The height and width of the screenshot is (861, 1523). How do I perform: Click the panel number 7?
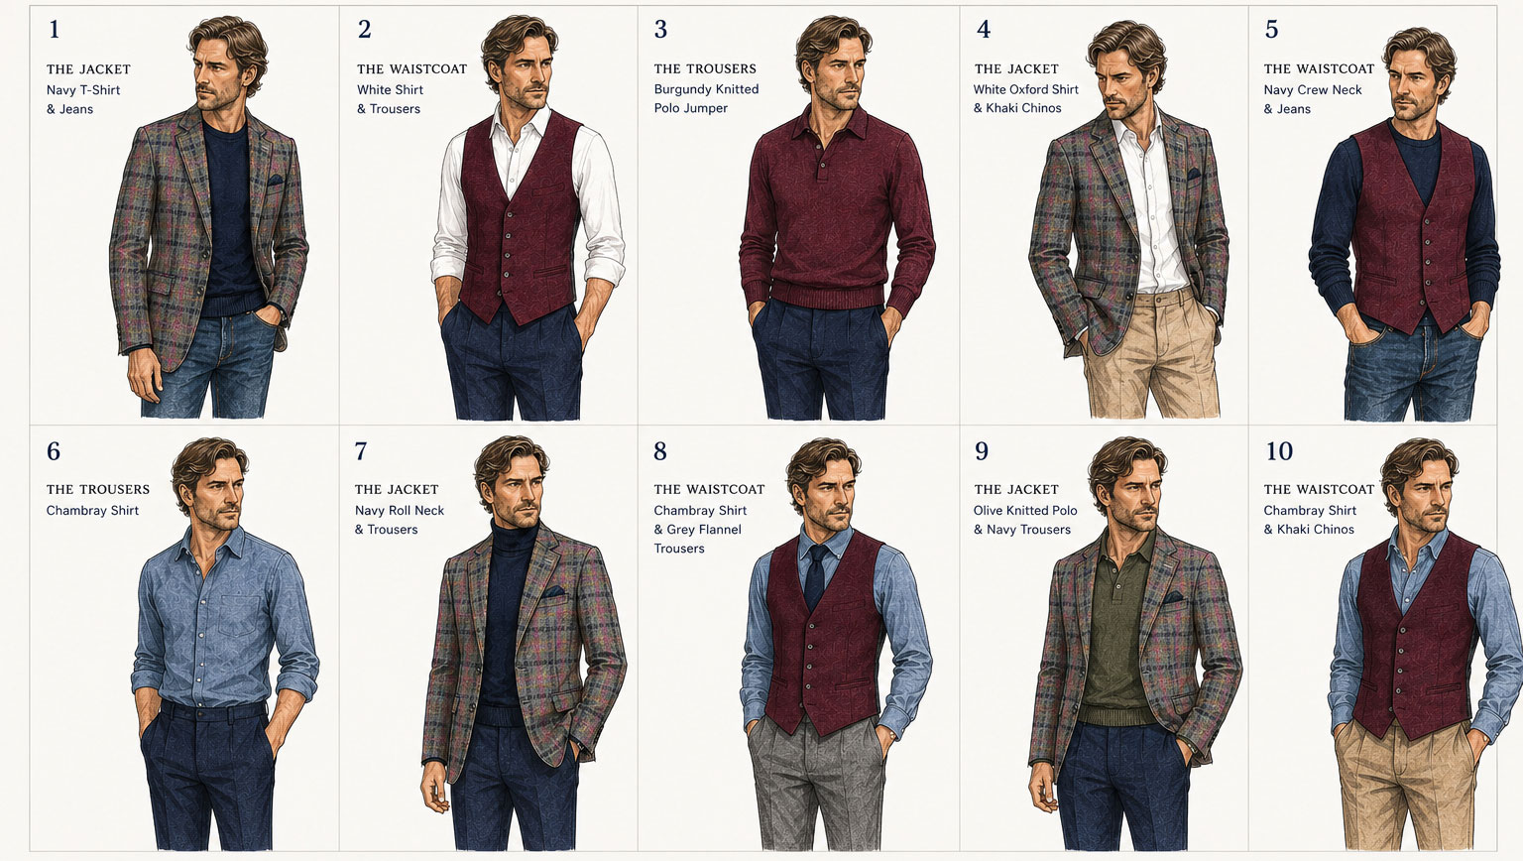(x=361, y=451)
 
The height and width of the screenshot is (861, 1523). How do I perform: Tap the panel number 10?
(x=1279, y=451)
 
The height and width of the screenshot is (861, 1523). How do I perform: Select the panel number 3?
(x=660, y=29)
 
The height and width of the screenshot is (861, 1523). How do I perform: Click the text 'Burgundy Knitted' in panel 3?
(x=706, y=89)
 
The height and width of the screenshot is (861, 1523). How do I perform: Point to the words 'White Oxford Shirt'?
(x=1026, y=89)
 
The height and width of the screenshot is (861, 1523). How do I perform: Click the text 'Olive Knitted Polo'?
(x=1025, y=510)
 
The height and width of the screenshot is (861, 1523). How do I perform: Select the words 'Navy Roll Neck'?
(x=400, y=510)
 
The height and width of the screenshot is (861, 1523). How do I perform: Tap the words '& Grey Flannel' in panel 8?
(x=698, y=529)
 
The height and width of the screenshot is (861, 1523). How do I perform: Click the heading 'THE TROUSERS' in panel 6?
(x=98, y=490)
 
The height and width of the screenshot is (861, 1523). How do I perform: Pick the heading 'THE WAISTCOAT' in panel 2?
(x=412, y=68)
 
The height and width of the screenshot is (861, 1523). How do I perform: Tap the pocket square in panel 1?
(x=275, y=181)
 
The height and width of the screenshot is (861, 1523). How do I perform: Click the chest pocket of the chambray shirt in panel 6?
(x=239, y=615)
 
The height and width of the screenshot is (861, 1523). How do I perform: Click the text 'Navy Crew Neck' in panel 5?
(x=1313, y=90)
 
